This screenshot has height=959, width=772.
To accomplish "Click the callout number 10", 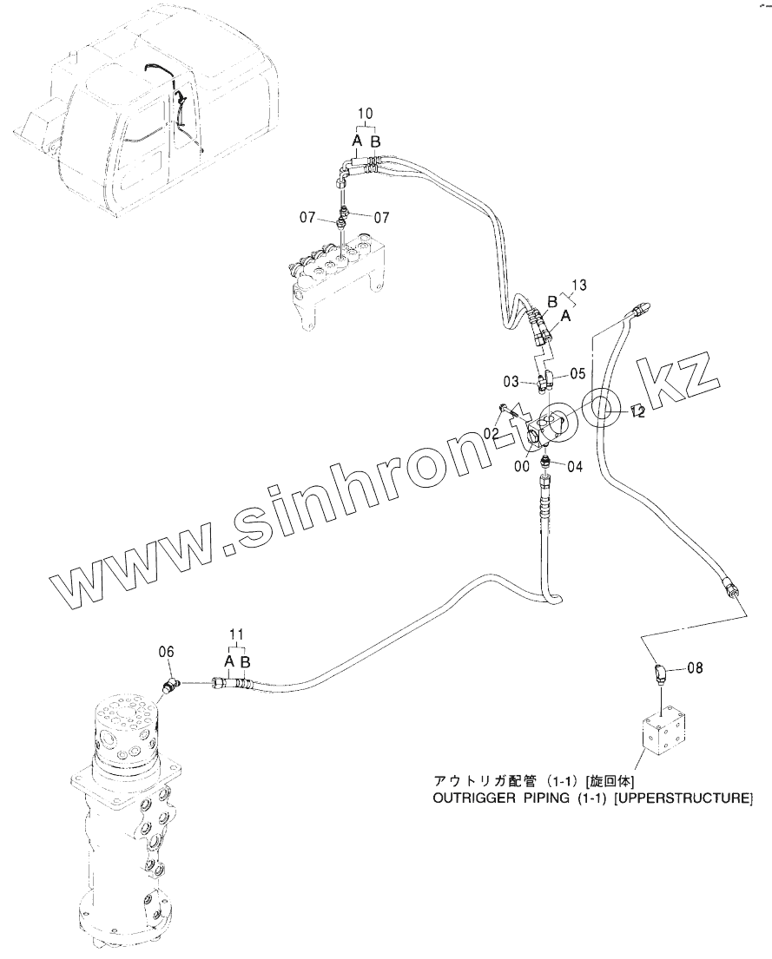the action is pyautogui.click(x=365, y=114).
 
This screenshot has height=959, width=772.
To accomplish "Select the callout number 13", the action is pyautogui.click(x=580, y=285).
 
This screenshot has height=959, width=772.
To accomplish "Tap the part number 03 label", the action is pyautogui.click(x=511, y=381).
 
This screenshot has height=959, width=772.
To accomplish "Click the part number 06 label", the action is pyautogui.click(x=166, y=651).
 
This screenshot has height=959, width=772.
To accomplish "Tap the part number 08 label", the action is pyautogui.click(x=695, y=668).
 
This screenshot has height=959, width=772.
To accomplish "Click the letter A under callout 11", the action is pyautogui.click(x=228, y=662).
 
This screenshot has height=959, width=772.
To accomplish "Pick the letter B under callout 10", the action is pyautogui.click(x=375, y=141).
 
